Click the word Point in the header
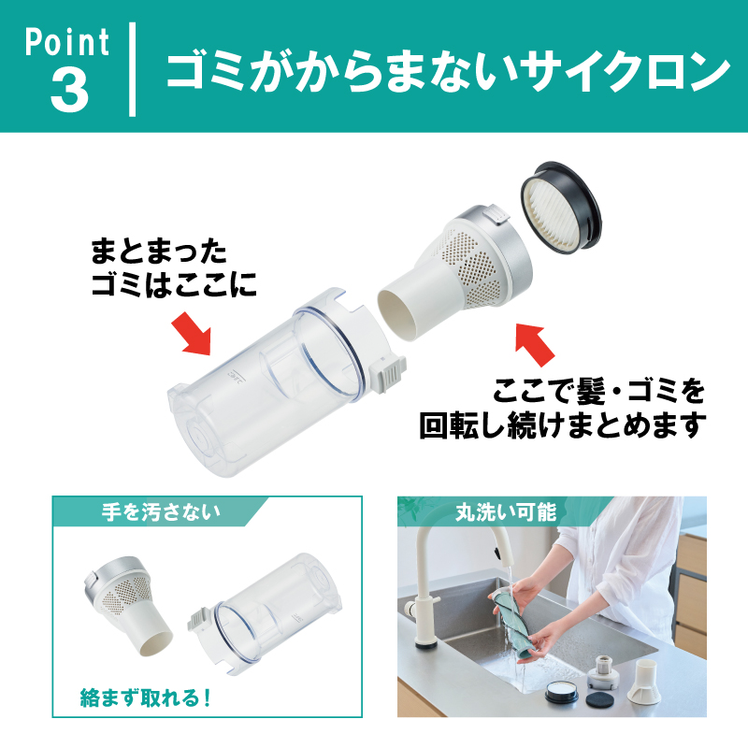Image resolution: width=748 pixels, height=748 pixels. [66, 42]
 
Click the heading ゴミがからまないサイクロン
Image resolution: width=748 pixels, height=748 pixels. [449, 71]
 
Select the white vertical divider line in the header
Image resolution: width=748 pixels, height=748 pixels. [132, 69]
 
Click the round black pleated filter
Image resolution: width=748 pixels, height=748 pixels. [560, 207]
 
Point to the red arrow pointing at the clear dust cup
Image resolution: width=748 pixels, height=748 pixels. [192, 334]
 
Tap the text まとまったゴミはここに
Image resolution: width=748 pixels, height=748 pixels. [174, 268]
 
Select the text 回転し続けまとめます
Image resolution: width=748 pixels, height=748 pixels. [563, 424]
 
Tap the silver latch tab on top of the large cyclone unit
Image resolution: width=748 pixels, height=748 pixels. [496, 214]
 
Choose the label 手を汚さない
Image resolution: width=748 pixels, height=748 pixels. [161, 511]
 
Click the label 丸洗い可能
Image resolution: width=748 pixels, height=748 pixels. [506, 511]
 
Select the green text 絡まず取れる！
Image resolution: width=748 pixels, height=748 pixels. [146, 698]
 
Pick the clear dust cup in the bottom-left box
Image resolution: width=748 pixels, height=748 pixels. [266, 614]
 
